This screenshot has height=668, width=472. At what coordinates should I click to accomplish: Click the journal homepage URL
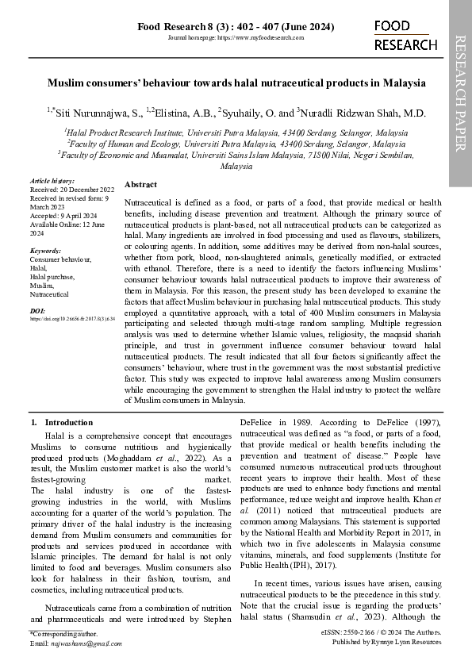point(236,38)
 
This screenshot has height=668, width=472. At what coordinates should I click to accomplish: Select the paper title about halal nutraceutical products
point(236,83)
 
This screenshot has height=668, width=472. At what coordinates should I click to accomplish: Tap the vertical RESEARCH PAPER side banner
point(461,93)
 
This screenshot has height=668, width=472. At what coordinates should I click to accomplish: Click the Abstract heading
point(141,184)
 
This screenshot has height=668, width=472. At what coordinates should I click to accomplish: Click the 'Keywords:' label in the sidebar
point(45,251)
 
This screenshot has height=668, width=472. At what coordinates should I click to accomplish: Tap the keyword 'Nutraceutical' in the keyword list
point(50,294)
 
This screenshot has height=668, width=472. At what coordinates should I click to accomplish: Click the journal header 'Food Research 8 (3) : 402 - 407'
point(236,27)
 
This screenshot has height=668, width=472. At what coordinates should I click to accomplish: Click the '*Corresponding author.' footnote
point(63,635)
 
